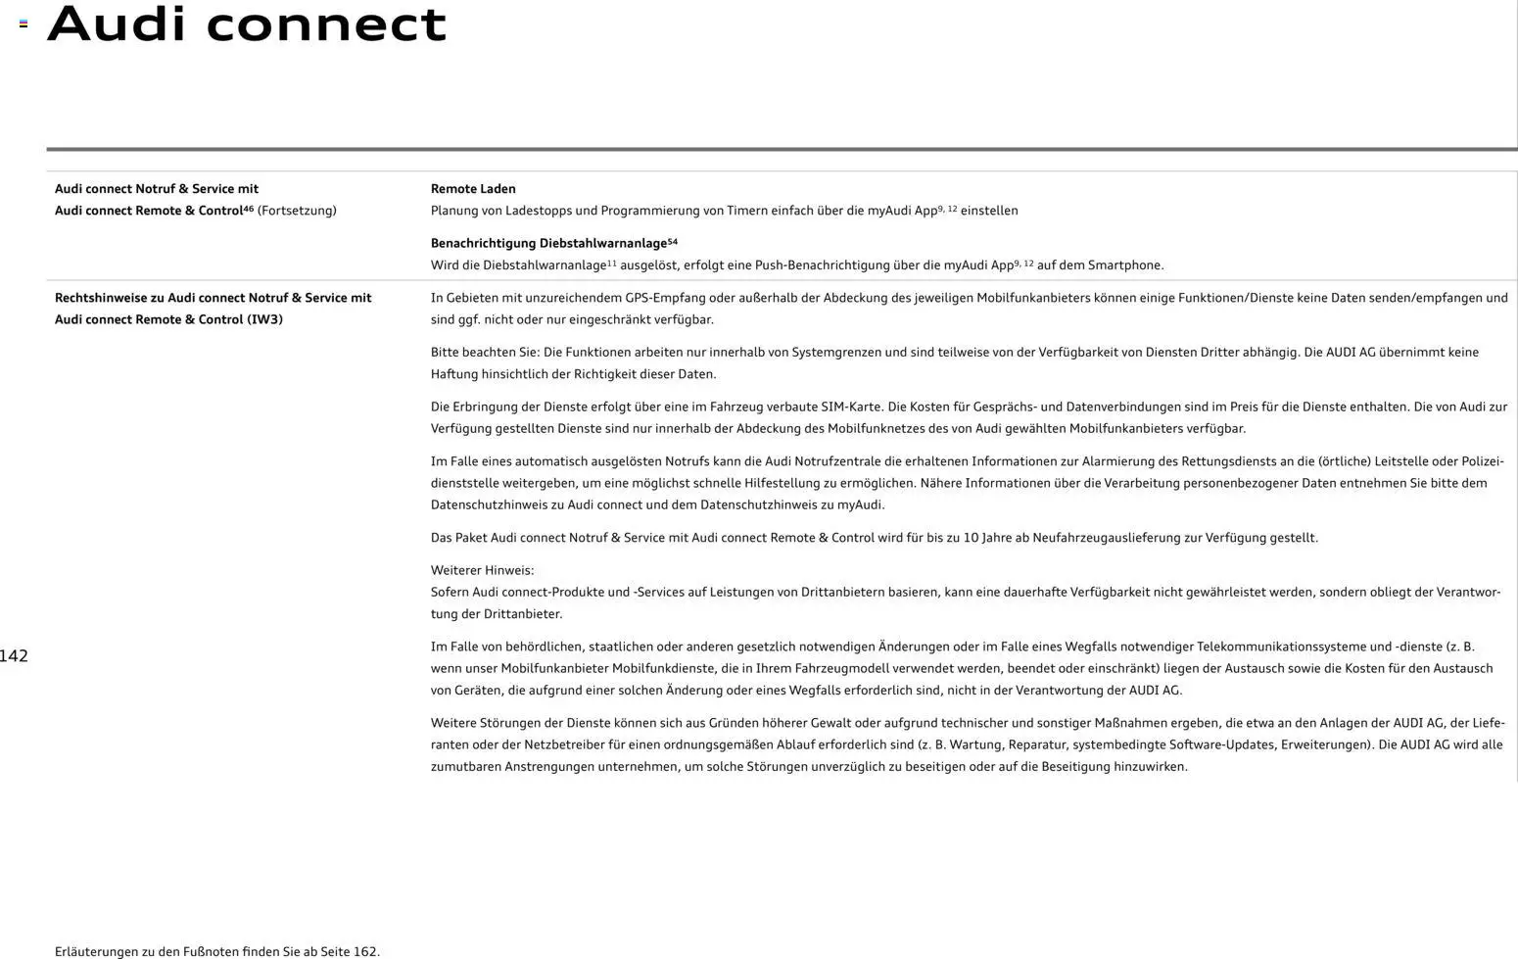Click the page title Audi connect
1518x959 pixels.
[x=247, y=24]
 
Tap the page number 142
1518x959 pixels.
[x=14, y=656]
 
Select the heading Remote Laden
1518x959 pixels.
[x=473, y=189]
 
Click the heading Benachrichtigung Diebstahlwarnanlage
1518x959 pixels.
[x=548, y=243]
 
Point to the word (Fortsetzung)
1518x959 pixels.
[x=297, y=211]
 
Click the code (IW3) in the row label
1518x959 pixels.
[x=264, y=319]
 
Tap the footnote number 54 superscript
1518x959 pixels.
[x=673, y=241]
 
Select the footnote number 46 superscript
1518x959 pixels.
[x=248, y=209]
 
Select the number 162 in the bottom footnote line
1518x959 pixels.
[x=364, y=951]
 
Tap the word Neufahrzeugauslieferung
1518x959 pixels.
[x=1104, y=538]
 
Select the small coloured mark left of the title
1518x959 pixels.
[x=24, y=24]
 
